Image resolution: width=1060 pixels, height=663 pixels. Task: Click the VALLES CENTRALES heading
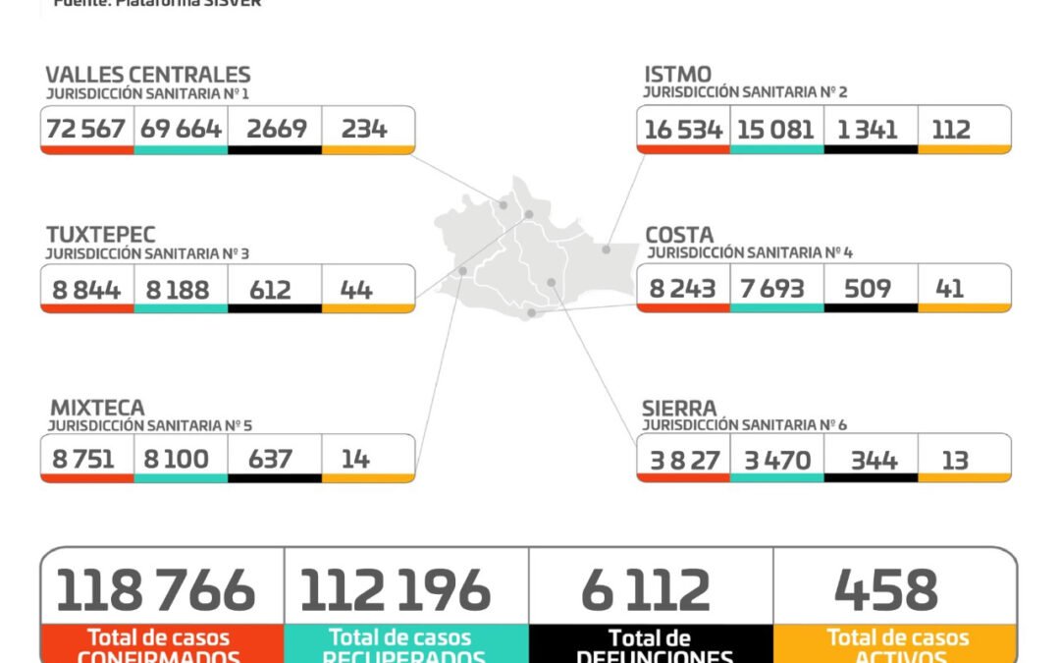[148, 75]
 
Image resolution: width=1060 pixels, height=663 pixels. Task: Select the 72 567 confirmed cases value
[87, 129]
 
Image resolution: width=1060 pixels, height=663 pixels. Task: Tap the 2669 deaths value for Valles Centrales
[276, 129]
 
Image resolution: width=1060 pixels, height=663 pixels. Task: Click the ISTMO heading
[678, 74]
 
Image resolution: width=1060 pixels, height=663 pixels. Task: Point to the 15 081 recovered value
[775, 130]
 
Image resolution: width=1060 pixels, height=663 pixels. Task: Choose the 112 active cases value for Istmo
[951, 130]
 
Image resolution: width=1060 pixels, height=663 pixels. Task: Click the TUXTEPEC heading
[101, 235]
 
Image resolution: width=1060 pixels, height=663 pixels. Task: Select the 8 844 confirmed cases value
[86, 290]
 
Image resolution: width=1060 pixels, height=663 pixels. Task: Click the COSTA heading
[679, 235]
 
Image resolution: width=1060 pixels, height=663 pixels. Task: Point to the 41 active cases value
[949, 289]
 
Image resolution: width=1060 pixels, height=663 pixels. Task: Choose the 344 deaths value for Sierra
[869, 460]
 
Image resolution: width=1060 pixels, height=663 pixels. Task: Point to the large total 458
[886, 590]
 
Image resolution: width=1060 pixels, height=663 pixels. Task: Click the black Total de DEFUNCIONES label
[650, 647]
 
